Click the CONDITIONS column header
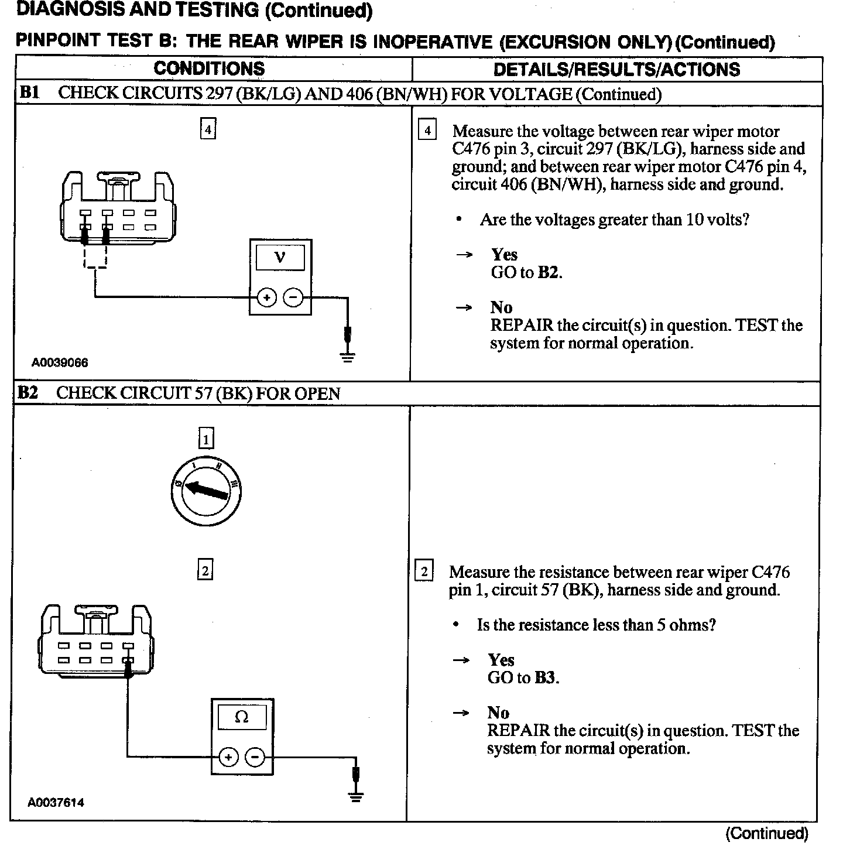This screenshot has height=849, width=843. point(209,69)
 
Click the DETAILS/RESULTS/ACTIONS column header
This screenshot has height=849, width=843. point(616,70)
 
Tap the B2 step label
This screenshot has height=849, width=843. point(28,392)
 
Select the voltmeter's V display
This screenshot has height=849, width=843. point(280,258)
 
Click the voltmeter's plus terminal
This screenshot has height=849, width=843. point(266,298)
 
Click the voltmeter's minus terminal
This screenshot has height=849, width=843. point(293,298)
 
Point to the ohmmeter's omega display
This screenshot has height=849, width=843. point(241,717)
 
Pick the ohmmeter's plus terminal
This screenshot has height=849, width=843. point(228,757)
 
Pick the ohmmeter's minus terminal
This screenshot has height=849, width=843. point(255,757)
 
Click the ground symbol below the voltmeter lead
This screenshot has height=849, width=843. point(348,356)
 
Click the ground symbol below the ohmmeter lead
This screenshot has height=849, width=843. point(355,796)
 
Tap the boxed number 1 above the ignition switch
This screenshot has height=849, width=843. point(205,438)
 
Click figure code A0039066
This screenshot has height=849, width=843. point(60,362)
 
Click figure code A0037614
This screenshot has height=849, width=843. point(56,802)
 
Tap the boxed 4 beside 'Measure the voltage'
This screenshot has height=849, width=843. point(427,131)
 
